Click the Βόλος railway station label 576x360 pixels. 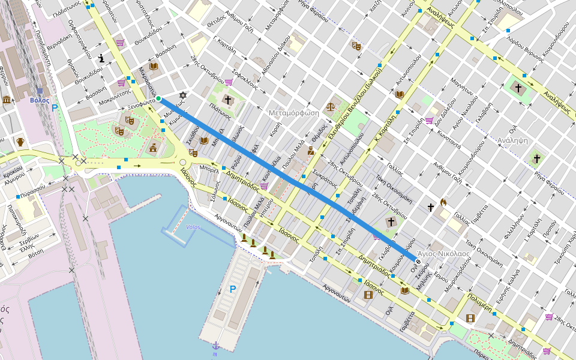coord(40,100)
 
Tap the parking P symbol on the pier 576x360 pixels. coord(233,289)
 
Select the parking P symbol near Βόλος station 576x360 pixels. coord(55,108)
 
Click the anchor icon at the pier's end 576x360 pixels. coord(215,345)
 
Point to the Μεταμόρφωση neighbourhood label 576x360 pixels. coord(293,112)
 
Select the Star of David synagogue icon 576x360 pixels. coord(183,95)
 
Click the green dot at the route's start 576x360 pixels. coord(158,99)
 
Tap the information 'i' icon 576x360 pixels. coord(102,58)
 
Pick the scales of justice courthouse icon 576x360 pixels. coord(330,106)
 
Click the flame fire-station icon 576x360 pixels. coord(443,202)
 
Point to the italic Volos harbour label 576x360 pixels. coord(193,227)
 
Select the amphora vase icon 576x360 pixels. coord(20,142)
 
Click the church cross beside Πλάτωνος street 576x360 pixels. coord(227,100)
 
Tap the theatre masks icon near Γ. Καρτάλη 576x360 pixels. coord(356,45)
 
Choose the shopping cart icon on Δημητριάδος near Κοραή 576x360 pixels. coord(264,186)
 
